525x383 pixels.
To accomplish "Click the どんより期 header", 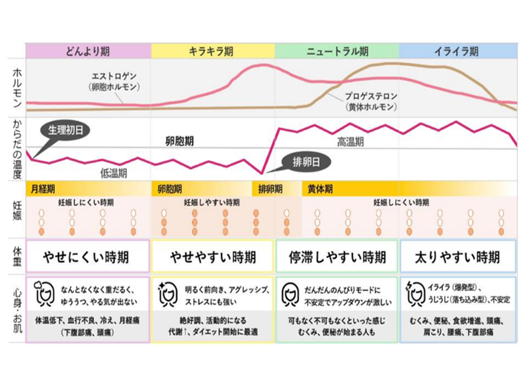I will [x=89, y=51].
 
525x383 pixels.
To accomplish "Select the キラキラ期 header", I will [x=212, y=51].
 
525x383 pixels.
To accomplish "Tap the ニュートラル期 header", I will [x=337, y=51].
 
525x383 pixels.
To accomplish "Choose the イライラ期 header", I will [x=458, y=51].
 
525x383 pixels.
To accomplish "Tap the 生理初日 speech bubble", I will [x=64, y=129].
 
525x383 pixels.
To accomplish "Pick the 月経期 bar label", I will [x=42, y=188].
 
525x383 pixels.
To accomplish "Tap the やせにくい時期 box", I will [x=88, y=255].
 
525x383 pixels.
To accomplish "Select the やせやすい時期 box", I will [x=212, y=255].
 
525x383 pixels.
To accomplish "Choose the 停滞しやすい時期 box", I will [x=337, y=255].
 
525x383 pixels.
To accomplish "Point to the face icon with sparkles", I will [x=167, y=293].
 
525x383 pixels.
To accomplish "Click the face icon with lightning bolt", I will [x=416, y=293].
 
